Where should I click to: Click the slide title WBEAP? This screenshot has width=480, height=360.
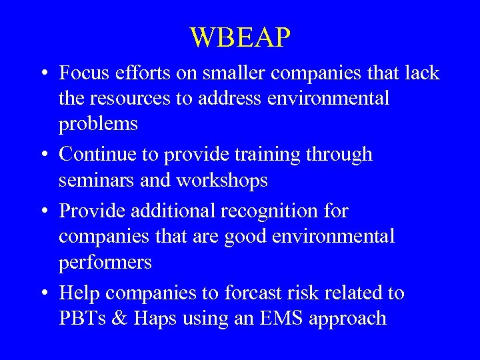coord(240,37)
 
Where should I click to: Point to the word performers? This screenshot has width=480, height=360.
coord(105,263)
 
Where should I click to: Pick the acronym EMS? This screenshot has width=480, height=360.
coord(290,318)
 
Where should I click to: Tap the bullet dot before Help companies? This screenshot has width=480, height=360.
coord(42,293)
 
